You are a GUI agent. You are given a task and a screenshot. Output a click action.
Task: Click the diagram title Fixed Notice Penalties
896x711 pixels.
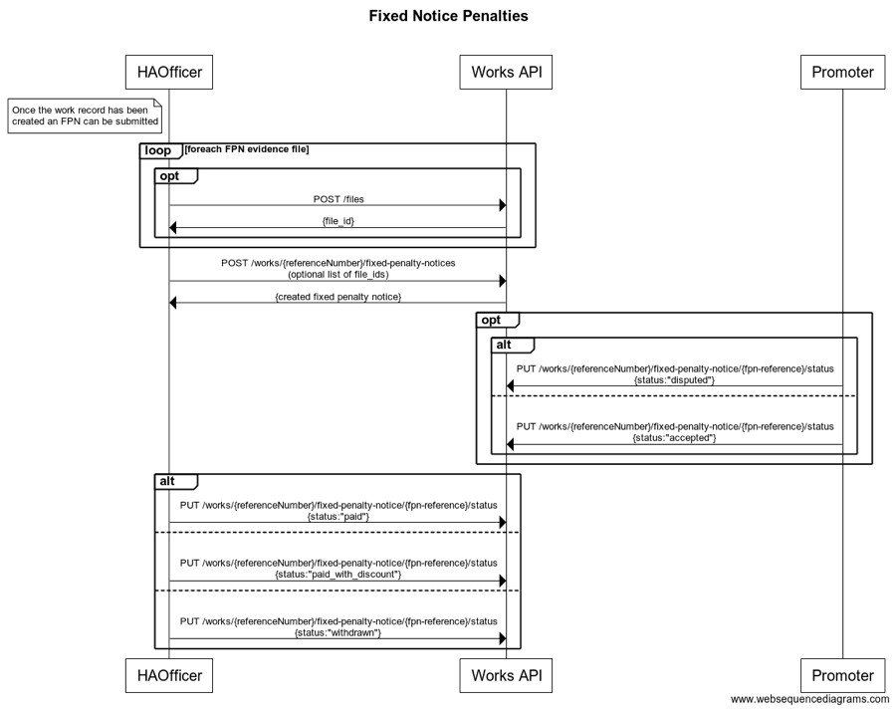(448, 16)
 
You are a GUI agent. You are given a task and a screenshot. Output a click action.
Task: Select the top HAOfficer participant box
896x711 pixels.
(169, 72)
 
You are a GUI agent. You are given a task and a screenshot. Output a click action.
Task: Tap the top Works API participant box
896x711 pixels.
(506, 72)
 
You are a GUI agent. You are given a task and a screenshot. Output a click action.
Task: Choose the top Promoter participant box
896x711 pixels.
(842, 72)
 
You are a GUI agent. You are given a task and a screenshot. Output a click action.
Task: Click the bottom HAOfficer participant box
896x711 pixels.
(169, 675)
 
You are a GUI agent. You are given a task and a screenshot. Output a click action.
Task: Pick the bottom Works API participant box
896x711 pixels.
(506, 675)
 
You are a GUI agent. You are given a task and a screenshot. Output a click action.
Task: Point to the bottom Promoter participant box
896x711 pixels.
(842, 675)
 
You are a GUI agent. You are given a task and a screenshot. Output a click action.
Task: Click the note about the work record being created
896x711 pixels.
(85, 116)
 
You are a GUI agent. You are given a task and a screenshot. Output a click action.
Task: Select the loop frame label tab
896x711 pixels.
(158, 150)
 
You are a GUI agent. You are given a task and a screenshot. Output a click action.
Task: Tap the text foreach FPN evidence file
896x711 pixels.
(247, 149)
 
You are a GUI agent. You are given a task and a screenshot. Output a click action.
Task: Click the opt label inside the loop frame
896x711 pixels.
(175, 176)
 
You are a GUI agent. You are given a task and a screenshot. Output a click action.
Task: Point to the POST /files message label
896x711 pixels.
(338, 199)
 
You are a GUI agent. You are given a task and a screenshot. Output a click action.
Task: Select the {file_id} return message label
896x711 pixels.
(338, 221)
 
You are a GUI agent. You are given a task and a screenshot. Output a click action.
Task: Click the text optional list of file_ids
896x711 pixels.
(338, 274)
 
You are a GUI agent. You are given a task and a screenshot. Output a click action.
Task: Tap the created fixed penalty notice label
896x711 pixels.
(338, 297)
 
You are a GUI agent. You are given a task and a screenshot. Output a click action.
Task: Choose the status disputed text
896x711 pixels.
(674, 379)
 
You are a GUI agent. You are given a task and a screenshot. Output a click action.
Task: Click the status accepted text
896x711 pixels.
(674, 437)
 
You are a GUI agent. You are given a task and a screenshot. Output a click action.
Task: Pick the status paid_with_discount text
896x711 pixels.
(338, 574)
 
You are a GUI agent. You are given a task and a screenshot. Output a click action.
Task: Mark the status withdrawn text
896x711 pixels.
(338, 632)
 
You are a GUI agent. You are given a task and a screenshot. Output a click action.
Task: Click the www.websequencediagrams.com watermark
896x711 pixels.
(809, 700)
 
